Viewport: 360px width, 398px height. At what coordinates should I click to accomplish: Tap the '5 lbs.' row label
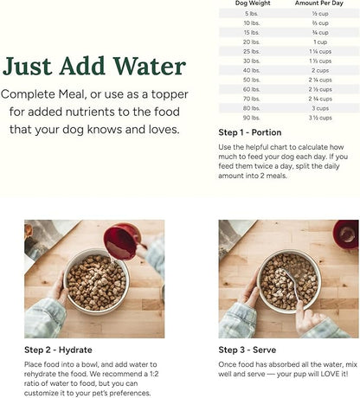(251, 14)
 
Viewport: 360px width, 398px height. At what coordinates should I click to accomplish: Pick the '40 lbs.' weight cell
(251, 69)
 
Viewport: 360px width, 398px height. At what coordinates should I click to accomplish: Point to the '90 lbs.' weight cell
(251, 118)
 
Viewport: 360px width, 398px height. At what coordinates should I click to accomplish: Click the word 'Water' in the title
(142, 67)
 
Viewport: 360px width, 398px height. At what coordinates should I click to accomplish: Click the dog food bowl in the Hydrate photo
(95, 279)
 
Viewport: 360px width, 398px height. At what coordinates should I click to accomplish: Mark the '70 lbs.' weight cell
(251, 99)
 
